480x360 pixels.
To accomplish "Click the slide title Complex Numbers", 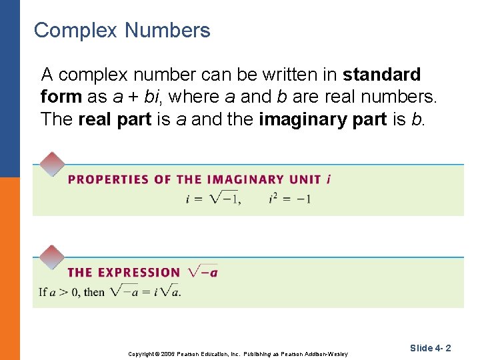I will (122, 31).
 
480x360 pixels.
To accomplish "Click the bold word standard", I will (381, 74).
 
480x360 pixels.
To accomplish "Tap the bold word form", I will (61, 97).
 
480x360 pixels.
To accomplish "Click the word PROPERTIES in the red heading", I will (108, 179).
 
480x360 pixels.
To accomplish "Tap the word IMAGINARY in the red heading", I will (246, 179).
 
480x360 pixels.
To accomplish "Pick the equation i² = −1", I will (290, 199).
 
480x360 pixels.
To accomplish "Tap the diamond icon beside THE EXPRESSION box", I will (52, 257).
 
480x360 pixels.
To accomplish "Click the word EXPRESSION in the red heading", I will (139, 273).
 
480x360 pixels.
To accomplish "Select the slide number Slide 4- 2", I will (431, 348).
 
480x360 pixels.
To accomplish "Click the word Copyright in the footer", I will (141, 353).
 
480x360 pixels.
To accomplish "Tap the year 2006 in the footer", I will (167, 353).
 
